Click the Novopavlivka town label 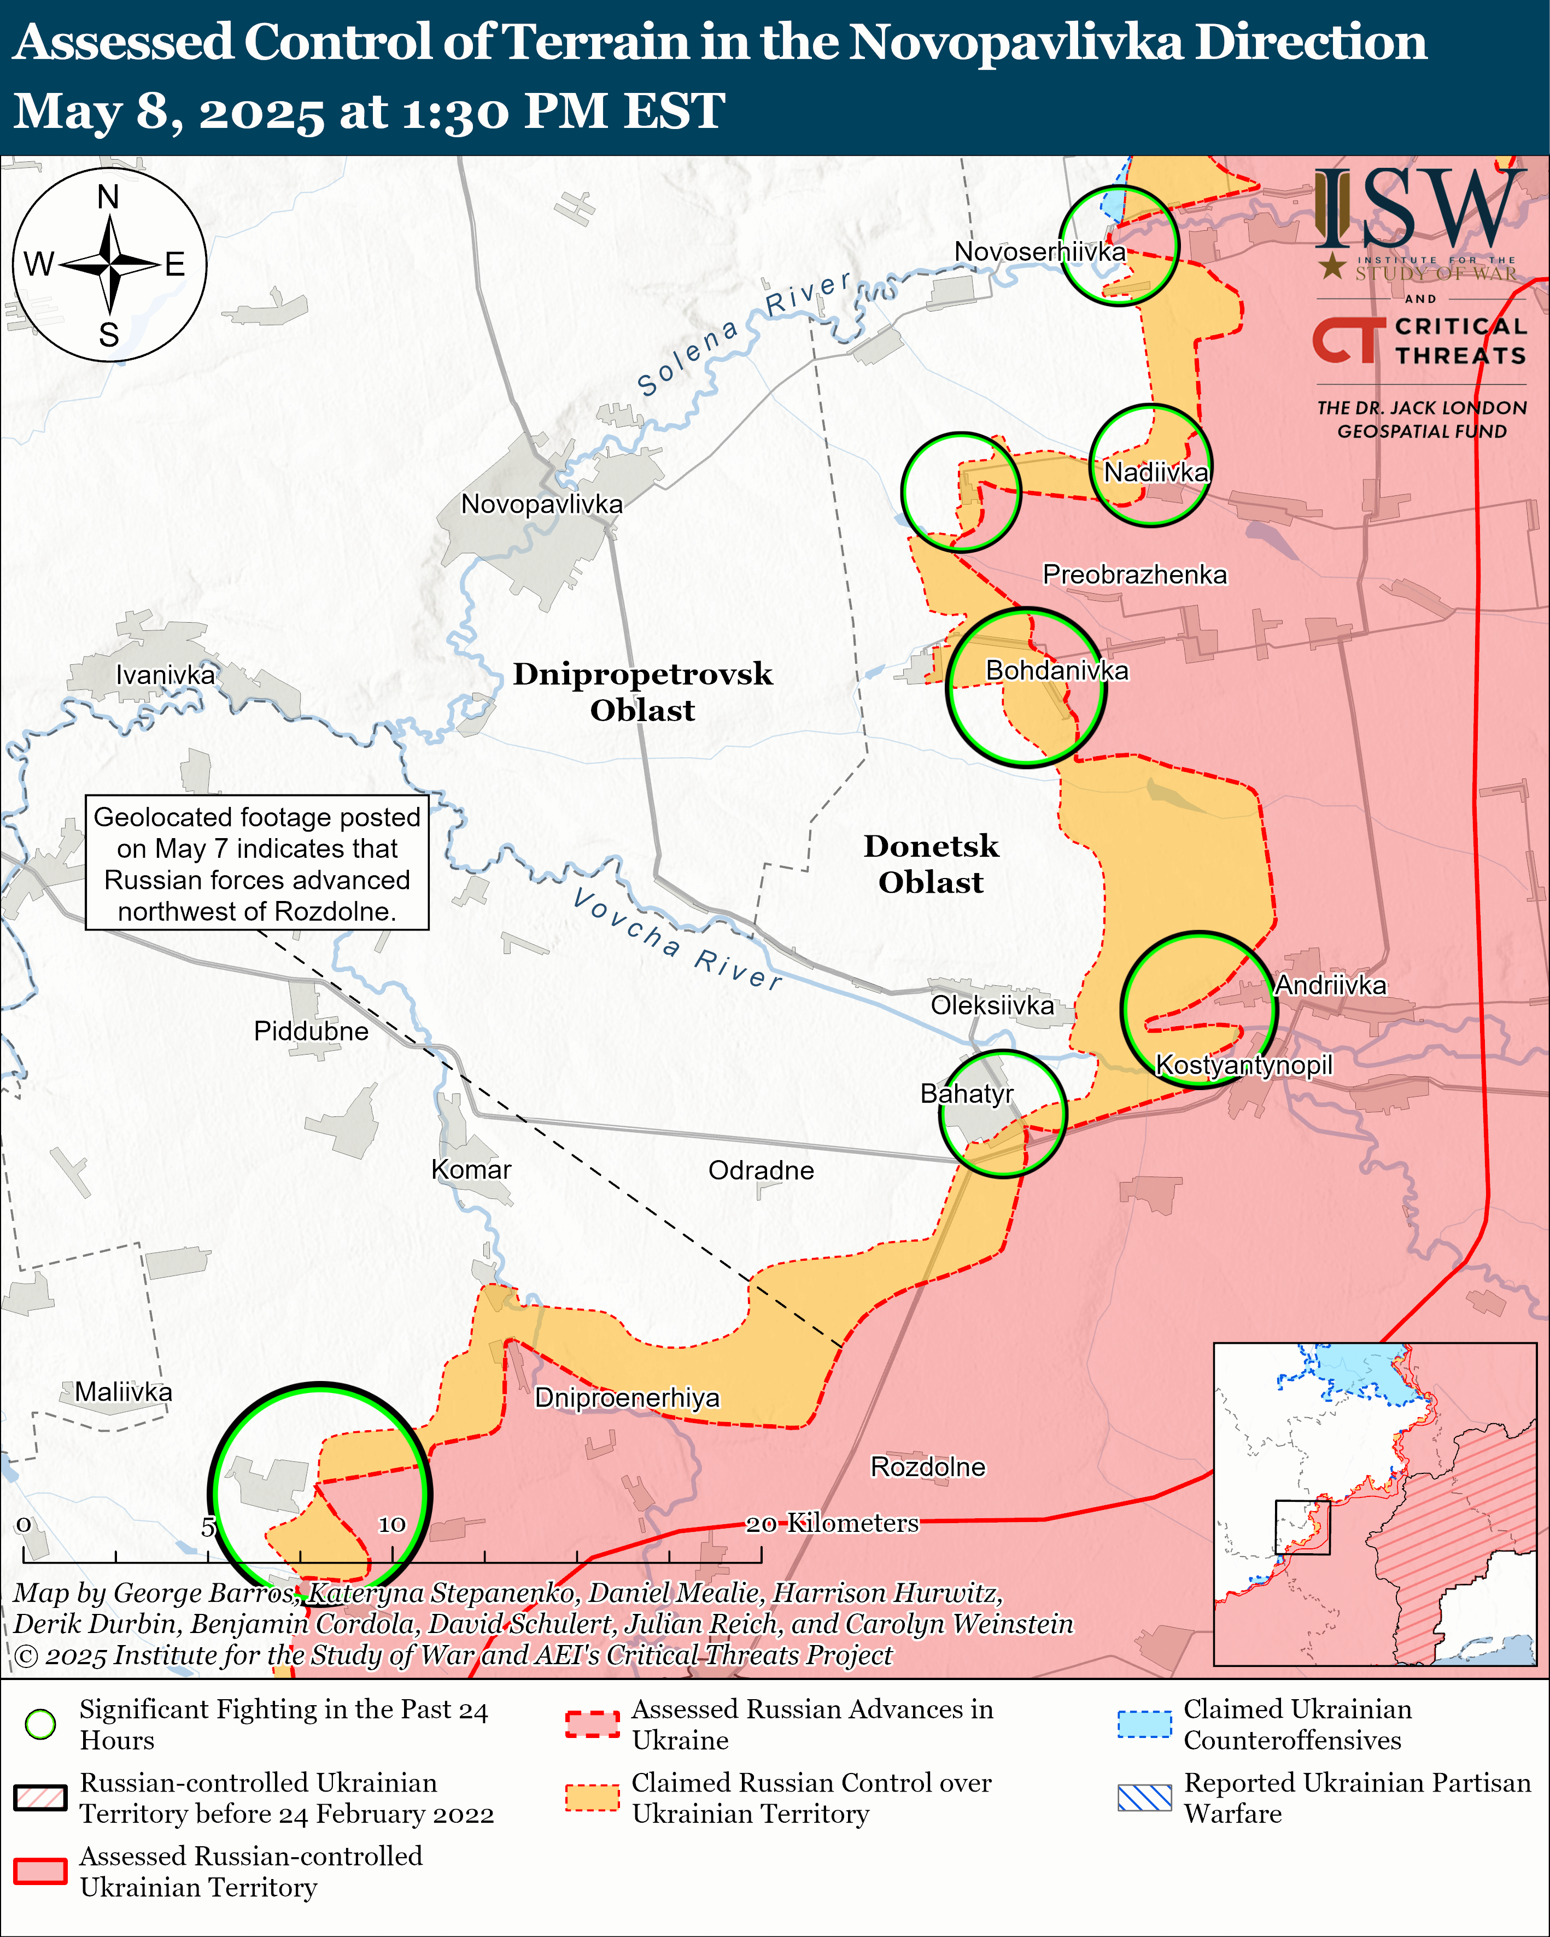[542, 504]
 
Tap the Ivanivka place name [165, 675]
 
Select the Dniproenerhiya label [627, 1398]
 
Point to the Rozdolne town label [928, 1467]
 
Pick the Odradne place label [761, 1171]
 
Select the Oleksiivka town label [992, 1005]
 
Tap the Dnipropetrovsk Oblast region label [642, 692]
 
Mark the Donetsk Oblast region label [931, 863]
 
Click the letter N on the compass [108, 196]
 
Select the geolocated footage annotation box [257, 863]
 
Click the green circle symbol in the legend [40, 1724]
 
